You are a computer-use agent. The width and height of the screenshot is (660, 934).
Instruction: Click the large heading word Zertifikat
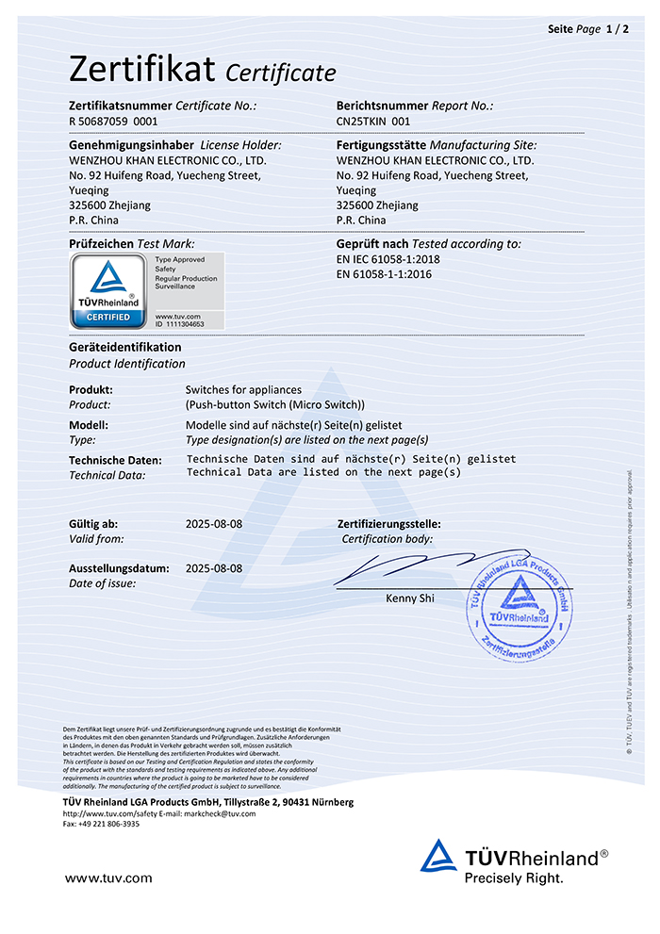click(142, 69)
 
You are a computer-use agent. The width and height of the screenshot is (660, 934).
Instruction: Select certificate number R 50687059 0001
click(113, 122)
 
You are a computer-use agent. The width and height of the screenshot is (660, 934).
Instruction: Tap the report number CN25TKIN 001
click(373, 122)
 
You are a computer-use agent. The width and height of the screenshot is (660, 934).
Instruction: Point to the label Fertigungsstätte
click(381, 145)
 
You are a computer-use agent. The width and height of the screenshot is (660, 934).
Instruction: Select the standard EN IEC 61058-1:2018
click(388, 259)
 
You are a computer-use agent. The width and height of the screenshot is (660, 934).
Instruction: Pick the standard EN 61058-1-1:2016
click(384, 274)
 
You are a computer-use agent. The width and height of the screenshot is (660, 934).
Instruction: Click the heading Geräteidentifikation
click(125, 347)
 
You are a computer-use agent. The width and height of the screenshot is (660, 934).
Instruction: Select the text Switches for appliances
click(243, 389)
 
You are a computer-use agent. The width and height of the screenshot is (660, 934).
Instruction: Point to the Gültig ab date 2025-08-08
click(214, 523)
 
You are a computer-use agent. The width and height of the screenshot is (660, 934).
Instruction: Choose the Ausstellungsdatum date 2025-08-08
click(214, 568)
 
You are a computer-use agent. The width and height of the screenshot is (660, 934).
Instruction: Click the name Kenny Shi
click(410, 598)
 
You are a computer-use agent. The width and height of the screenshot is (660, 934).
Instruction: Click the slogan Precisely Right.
click(513, 878)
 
